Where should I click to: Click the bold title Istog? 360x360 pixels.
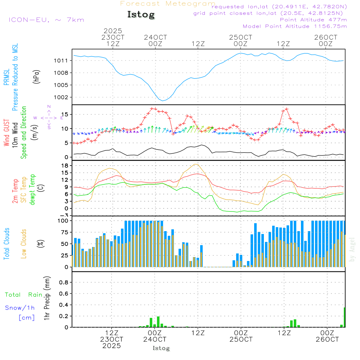[141, 15]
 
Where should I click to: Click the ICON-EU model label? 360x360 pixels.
[46, 20]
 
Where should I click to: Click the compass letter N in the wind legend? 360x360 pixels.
[49, 106]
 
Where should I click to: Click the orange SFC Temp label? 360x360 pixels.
[24, 190]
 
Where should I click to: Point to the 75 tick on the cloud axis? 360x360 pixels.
[63, 232]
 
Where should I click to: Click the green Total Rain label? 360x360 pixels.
[23, 295]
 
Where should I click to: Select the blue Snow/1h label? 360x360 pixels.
[20, 308]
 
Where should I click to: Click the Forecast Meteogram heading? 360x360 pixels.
[168, 4]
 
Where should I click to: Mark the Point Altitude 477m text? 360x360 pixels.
[313, 20]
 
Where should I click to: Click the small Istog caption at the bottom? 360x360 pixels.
[161, 348]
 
